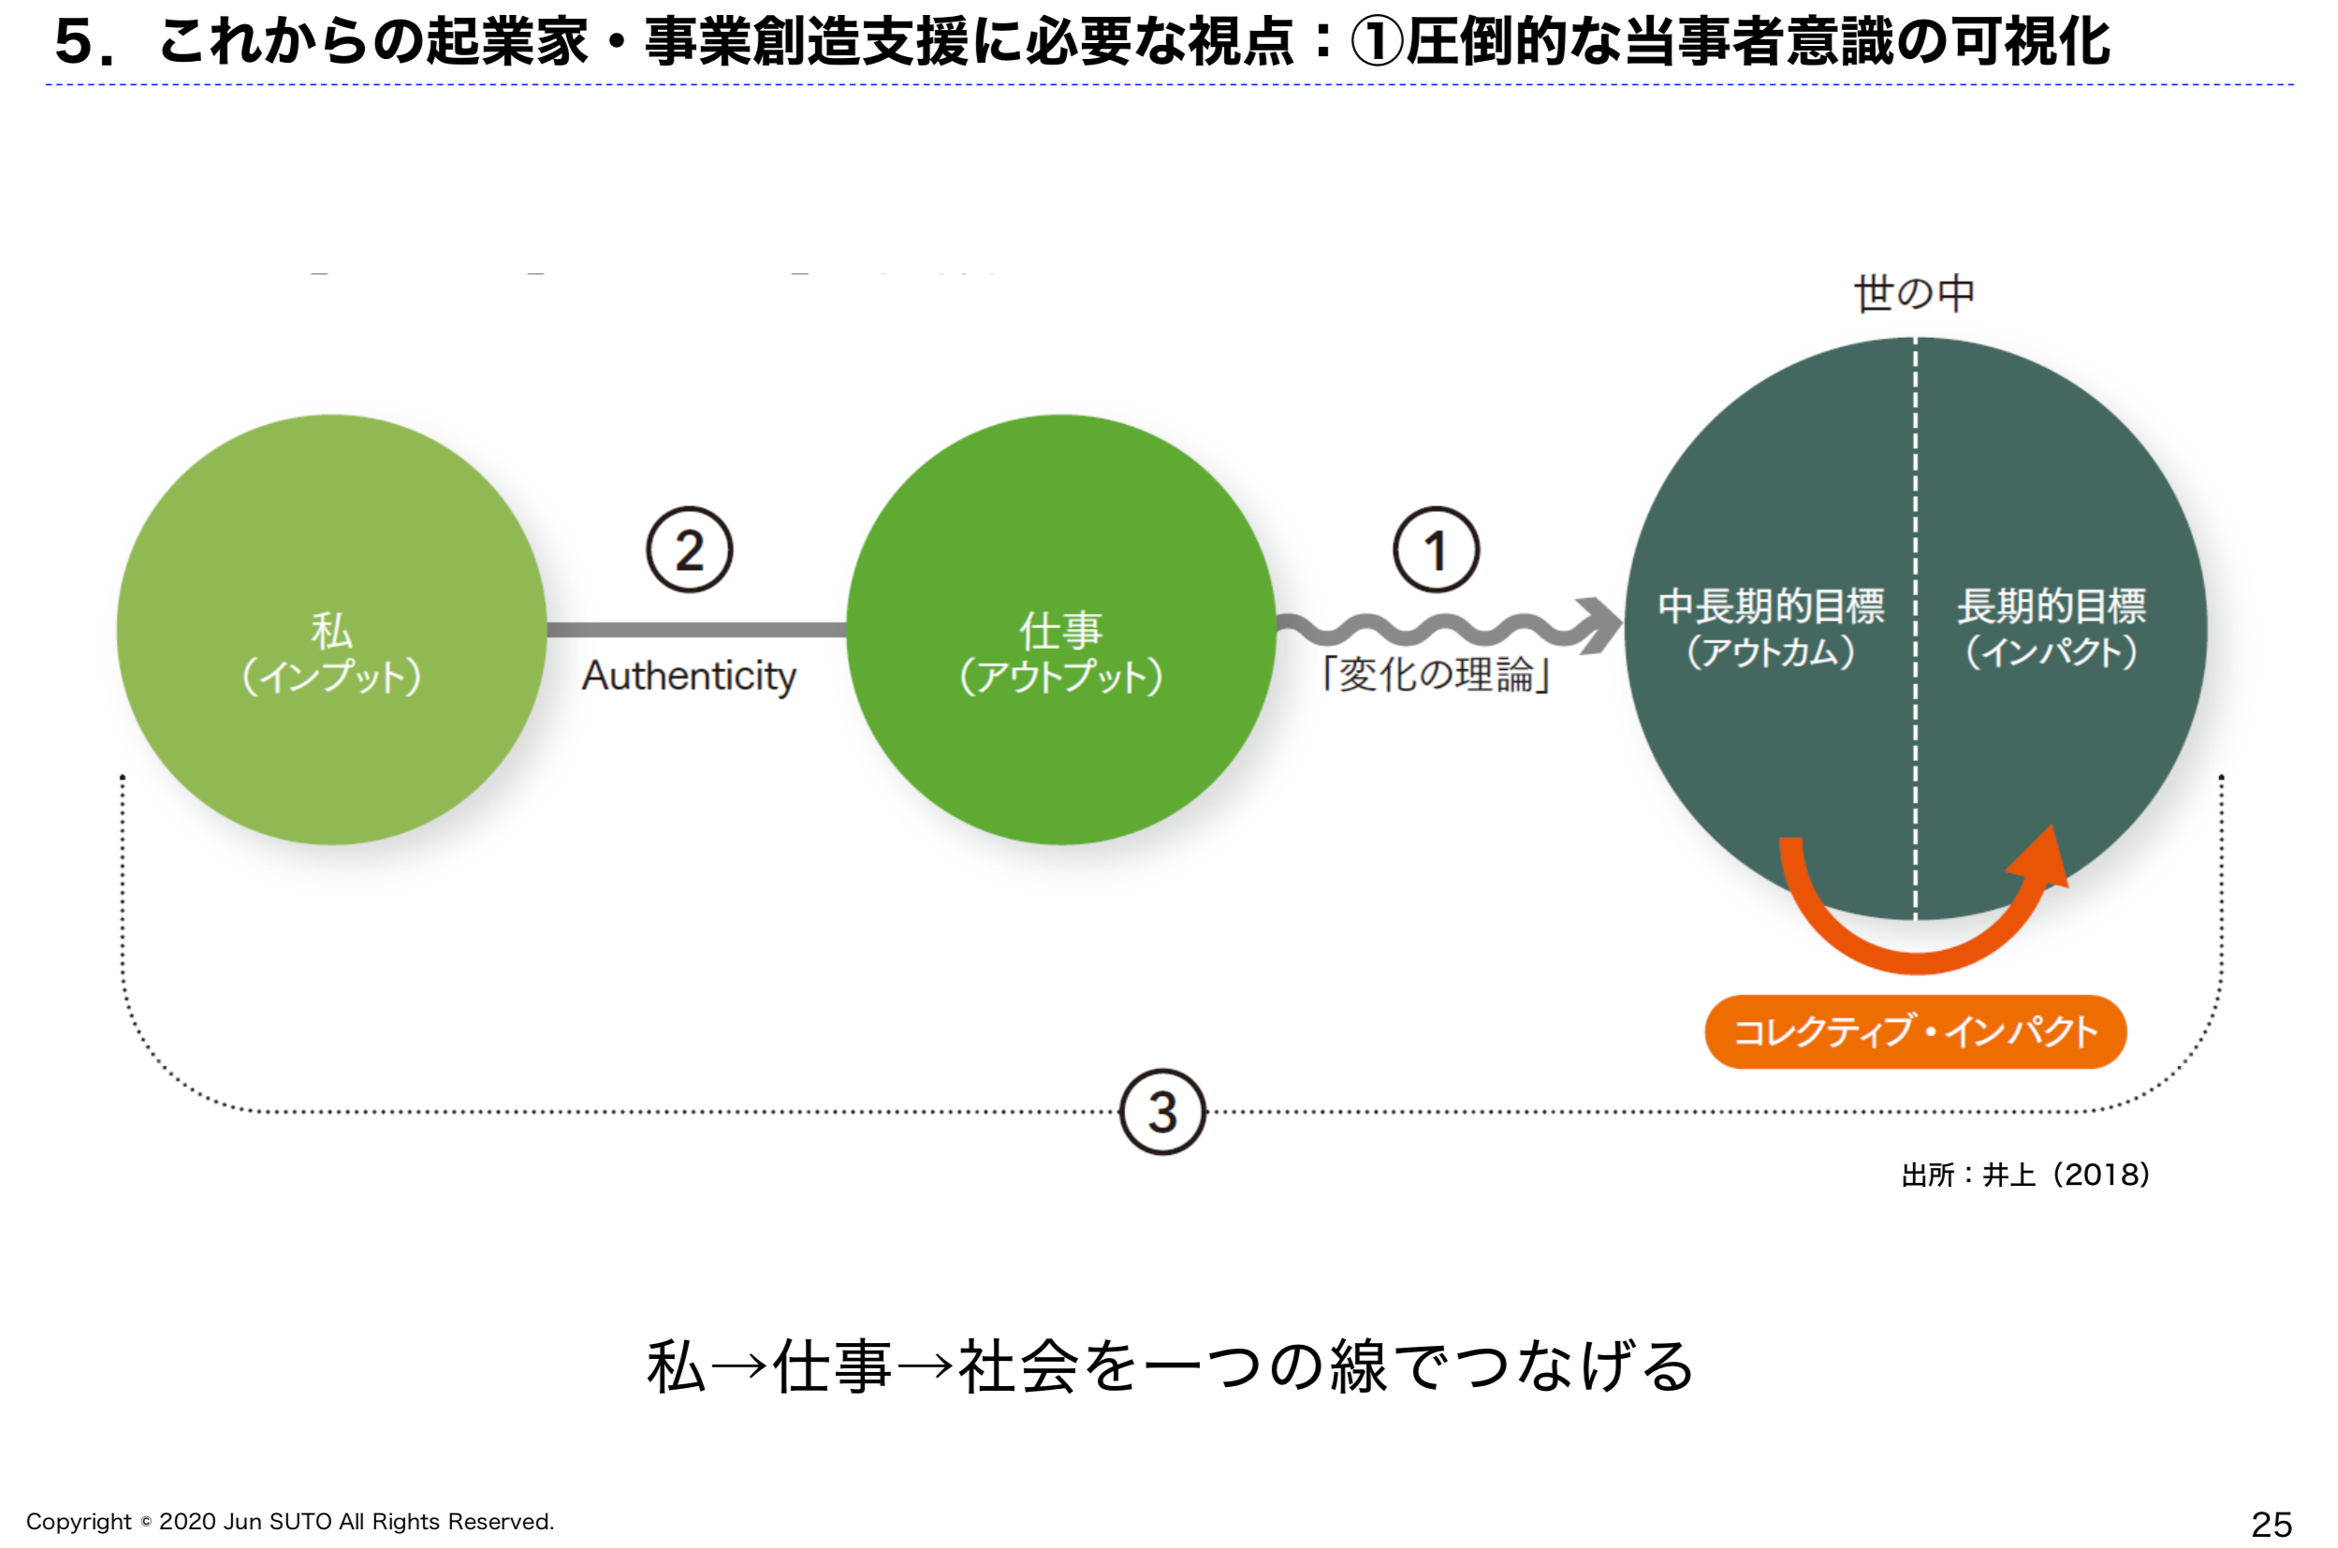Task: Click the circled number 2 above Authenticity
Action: click(689, 550)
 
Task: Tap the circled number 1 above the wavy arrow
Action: click(1436, 550)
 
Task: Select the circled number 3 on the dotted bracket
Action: click(1162, 1112)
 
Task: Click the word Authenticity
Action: click(689, 678)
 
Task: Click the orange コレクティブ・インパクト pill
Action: click(1916, 1031)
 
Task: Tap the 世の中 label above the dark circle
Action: click(1914, 293)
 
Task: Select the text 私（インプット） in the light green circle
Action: click(331, 652)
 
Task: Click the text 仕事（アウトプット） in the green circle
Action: click(1061, 652)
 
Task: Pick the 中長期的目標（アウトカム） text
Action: click(1771, 628)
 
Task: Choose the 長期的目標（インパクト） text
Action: click(2052, 628)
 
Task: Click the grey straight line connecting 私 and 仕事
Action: click(696, 630)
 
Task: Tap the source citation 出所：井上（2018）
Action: click(2025, 1175)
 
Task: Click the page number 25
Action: click(2271, 1525)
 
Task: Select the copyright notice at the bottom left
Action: click(290, 1522)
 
